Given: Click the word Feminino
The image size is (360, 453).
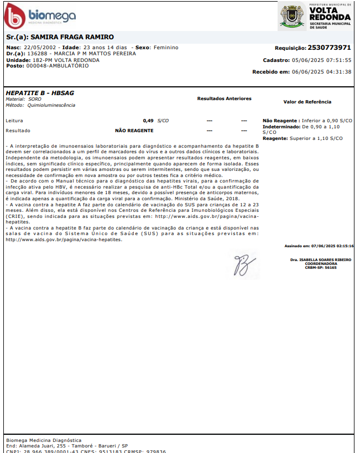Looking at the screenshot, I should point(165,48).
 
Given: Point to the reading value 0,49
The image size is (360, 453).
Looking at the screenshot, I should point(148,120).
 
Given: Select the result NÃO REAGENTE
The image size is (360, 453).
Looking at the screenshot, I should point(134,131).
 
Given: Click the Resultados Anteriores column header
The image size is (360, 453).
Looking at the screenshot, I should point(224,98).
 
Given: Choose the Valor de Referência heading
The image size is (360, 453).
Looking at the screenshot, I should point(307,102).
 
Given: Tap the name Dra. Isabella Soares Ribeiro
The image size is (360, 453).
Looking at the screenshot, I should point(320,259).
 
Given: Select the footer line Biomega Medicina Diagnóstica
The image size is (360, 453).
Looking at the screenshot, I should point(44,440).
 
